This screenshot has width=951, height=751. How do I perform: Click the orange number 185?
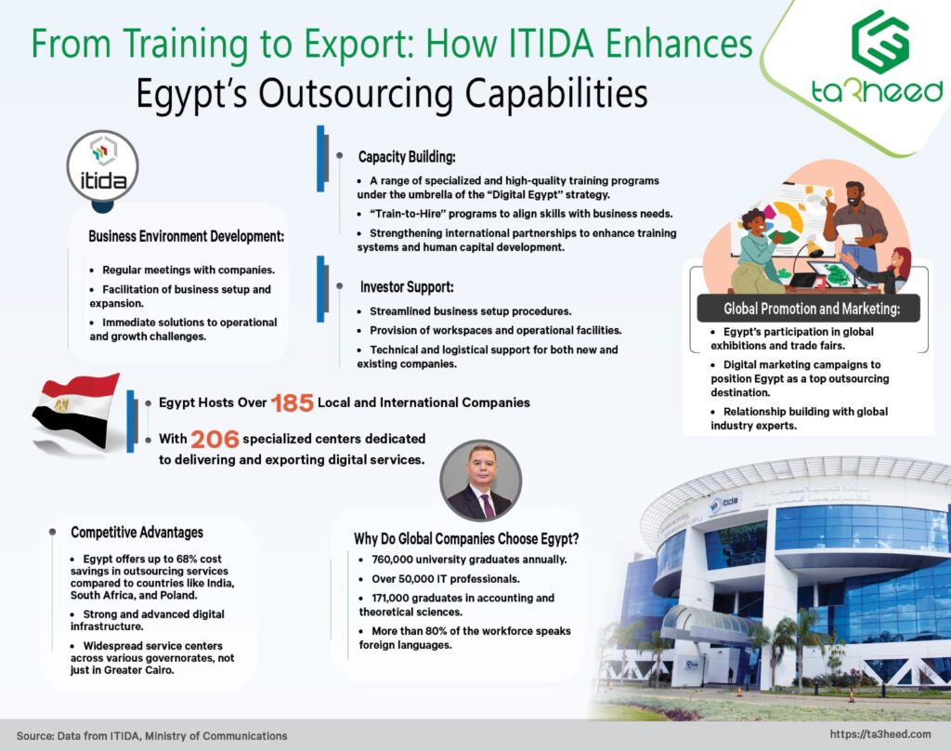(x=292, y=403)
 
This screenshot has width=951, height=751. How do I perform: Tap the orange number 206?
(x=215, y=439)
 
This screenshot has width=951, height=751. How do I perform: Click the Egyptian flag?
(x=76, y=413)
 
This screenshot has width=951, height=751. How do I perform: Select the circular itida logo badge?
(x=102, y=166)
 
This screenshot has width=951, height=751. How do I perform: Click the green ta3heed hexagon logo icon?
(x=880, y=41)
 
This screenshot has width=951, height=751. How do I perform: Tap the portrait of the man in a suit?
(x=480, y=481)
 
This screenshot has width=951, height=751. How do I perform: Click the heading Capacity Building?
(x=407, y=157)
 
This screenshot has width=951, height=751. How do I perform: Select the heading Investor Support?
(x=407, y=287)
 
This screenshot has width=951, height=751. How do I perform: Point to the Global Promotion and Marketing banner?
(x=809, y=309)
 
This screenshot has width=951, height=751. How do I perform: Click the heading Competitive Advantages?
(x=137, y=533)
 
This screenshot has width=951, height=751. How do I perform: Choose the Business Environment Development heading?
(x=186, y=236)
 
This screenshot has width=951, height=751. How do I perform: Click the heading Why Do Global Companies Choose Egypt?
(x=466, y=538)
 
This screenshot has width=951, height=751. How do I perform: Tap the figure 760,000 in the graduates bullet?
(x=393, y=560)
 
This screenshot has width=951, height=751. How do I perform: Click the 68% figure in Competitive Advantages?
(x=173, y=559)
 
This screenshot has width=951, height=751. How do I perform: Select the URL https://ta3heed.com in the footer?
(x=880, y=734)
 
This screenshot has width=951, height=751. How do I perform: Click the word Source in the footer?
(x=34, y=736)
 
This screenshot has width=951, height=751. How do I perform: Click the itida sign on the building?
(x=724, y=503)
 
